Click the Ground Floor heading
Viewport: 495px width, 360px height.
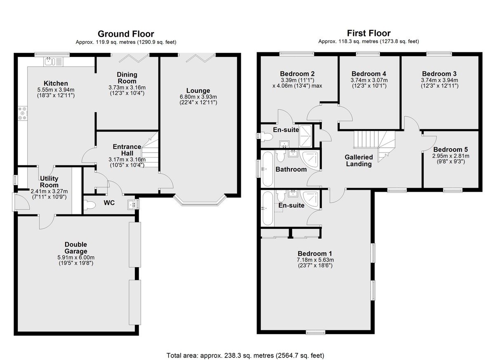click(126, 34)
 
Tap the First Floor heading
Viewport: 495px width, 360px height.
click(369, 33)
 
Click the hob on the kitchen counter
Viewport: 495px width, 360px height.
click(23, 113)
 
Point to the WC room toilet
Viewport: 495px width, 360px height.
click(90, 205)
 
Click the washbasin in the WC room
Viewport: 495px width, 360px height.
click(132, 204)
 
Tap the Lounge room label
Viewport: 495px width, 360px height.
click(198, 91)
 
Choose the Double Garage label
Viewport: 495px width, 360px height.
click(76, 248)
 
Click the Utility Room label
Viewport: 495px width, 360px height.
click(49, 182)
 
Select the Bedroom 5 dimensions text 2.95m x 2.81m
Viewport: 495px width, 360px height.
click(450, 156)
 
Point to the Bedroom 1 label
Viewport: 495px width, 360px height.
click(315, 254)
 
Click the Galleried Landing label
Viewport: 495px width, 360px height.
click(358, 160)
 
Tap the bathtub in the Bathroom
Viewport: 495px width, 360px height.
click(268, 169)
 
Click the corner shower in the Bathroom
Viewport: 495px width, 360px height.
click(311, 159)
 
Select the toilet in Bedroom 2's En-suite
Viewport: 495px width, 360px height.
click(266, 137)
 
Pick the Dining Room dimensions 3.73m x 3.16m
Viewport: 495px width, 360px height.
click(127, 88)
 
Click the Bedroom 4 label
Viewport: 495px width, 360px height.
click(369, 74)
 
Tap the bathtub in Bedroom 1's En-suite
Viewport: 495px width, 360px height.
click(268, 209)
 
